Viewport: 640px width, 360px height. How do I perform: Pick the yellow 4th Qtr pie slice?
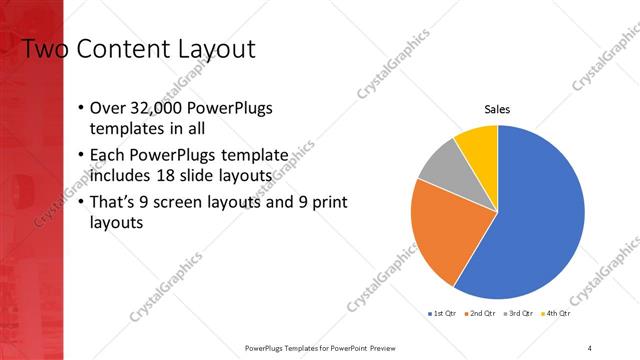pyautogui.click(x=478, y=145)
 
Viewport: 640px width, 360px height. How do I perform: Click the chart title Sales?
pyautogui.click(x=497, y=109)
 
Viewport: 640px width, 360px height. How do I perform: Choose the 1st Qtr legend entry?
pyautogui.click(x=445, y=314)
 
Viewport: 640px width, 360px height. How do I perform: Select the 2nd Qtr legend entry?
pyautogui.click(x=483, y=314)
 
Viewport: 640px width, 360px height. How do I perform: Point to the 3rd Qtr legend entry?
pyautogui.click(x=522, y=314)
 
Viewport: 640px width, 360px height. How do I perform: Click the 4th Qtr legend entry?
pyautogui.click(x=557, y=314)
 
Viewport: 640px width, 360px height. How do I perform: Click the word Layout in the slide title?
pyautogui.click(x=214, y=49)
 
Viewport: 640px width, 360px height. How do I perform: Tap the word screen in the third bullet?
pyautogui.click(x=182, y=203)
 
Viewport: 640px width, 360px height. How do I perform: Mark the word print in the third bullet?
pyautogui.click(x=329, y=203)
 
